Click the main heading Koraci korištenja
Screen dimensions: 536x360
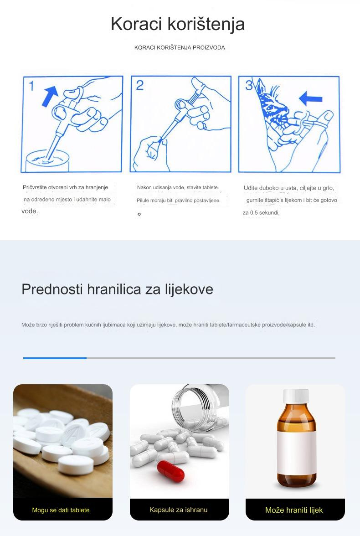pyautogui.click(x=178, y=24)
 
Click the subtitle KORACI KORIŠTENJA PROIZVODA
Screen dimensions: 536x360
pyautogui.click(x=180, y=47)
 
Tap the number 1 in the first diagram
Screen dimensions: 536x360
pyautogui.click(x=31, y=85)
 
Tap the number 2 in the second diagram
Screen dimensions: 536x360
pyautogui.click(x=139, y=85)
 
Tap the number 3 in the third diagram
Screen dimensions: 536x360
pyautogui.click(x=249, y=85)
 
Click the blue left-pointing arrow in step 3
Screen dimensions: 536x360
pyautogui.click(x=311, y=98)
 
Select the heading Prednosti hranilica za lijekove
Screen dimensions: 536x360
pyautogui.click(x=117, y=289)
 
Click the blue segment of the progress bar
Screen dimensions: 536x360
pyautogui.click(x=55, y=358)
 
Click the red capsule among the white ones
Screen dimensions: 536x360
pyautogui.click(x=170, y=471)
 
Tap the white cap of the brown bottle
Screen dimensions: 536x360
pyautogui.click(x=296, y=396)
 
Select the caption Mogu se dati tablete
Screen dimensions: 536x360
pyautogui.click(x=61, y=510)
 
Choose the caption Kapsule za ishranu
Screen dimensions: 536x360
pyautogui.click(x=179, y=510)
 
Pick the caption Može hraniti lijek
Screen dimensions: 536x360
pyautogui.click(x=294, y=510)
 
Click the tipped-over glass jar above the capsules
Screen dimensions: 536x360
pyautogui.click(x=201, y=406)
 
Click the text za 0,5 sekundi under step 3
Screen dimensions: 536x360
pyautogui.click(x=261, y=213)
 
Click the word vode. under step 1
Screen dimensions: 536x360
pyautogui.click(x=30, y=211)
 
